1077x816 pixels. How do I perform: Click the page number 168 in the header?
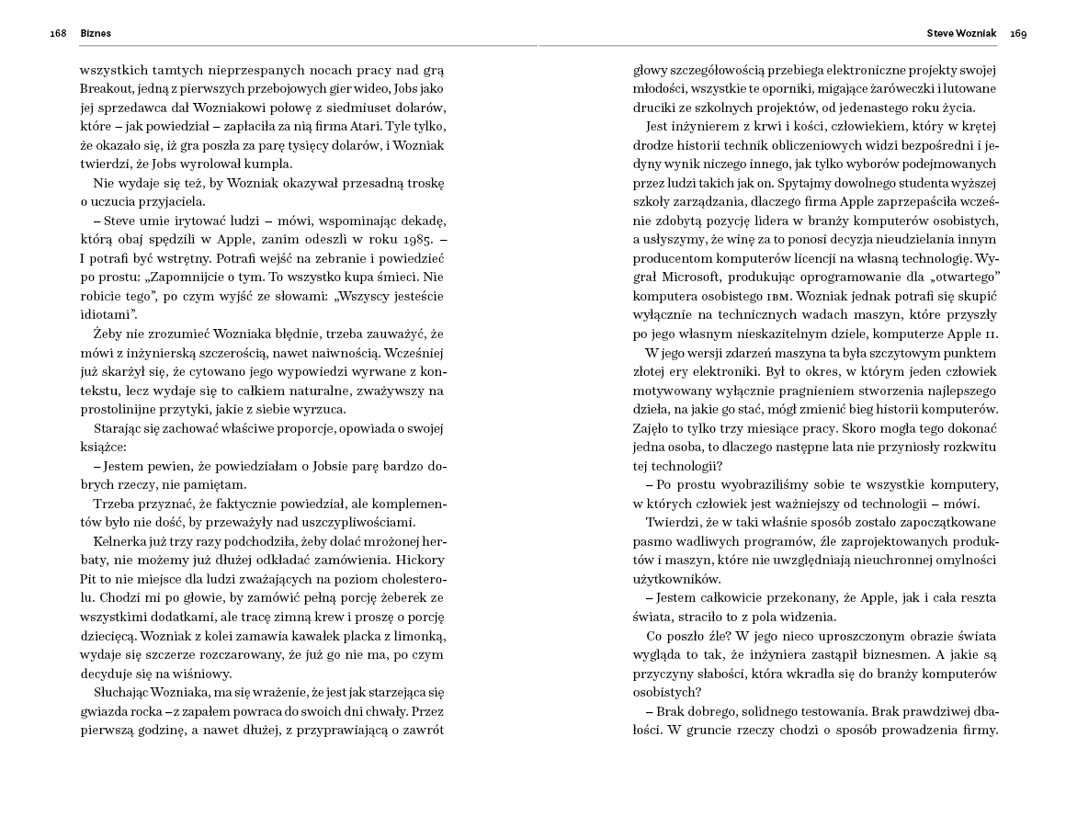tap(58, 33)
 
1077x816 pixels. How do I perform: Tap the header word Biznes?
tap(96, 33)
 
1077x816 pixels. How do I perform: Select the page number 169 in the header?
tap(1018, 33)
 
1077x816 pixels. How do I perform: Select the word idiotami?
tap(107, 314)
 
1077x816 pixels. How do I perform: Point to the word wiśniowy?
tap(202, 674)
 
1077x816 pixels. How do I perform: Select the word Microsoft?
tap(701, 278)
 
